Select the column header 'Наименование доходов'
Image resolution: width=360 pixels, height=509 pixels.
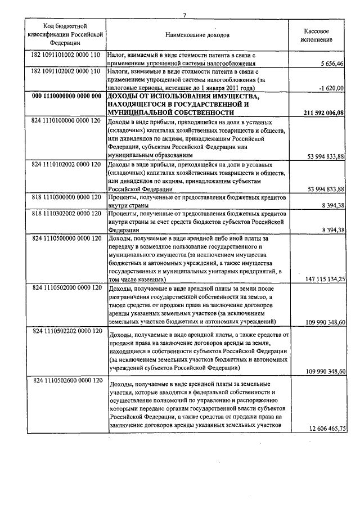coord(197,35)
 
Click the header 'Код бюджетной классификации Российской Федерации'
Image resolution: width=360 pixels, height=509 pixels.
coord(65,35)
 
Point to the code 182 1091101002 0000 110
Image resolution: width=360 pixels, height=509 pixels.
coord(66,56)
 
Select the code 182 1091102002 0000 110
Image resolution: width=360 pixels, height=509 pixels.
coord(66,72)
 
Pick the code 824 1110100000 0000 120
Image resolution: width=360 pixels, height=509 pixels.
coord(66,121)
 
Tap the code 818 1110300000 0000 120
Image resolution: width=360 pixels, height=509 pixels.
coord(66,197)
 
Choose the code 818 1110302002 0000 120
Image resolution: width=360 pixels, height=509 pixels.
coord(66,214)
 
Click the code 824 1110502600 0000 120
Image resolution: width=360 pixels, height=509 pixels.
coord(66,381)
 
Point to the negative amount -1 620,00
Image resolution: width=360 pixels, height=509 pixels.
coord(331,89)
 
